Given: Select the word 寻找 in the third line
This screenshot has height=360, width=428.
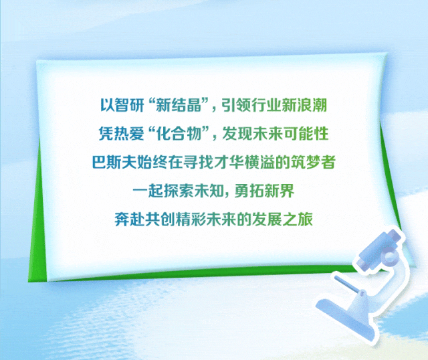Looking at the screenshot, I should tap(194, 162).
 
